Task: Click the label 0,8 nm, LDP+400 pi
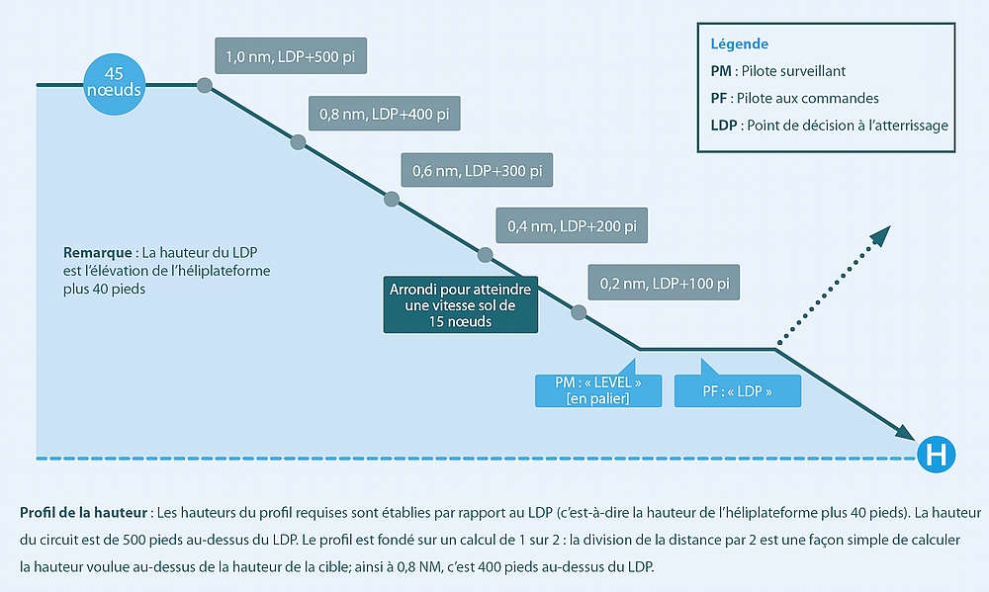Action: pos(385,114)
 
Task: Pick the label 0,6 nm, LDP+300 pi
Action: pos(477,170)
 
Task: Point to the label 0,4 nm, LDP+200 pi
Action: pos(571,226)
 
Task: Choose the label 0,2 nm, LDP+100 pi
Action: pos(664,283)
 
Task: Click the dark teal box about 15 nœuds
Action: pos(460,305)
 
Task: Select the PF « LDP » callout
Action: pos(737,391)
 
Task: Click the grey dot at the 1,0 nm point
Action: pos(205,86)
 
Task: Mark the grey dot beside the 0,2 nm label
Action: pos(579,312)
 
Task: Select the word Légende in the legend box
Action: pos(739,44)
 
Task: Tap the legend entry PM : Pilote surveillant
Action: pos(777,71)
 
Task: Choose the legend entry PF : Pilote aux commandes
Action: pos(794,98)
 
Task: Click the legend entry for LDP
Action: pos(829,125)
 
